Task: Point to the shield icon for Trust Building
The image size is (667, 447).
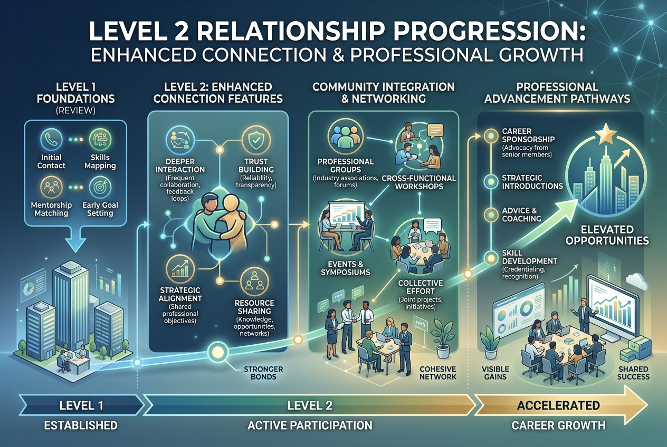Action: click(256, 140)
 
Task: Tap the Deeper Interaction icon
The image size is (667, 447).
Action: click(180, 140)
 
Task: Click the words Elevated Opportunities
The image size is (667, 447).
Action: click(607, 235)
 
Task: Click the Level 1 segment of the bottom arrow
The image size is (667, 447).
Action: click(81, 405)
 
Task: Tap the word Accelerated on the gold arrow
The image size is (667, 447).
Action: click(558, 405)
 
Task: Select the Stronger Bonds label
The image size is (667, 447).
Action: click(263, 373)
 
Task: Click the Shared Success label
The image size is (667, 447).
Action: click(633, 373)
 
